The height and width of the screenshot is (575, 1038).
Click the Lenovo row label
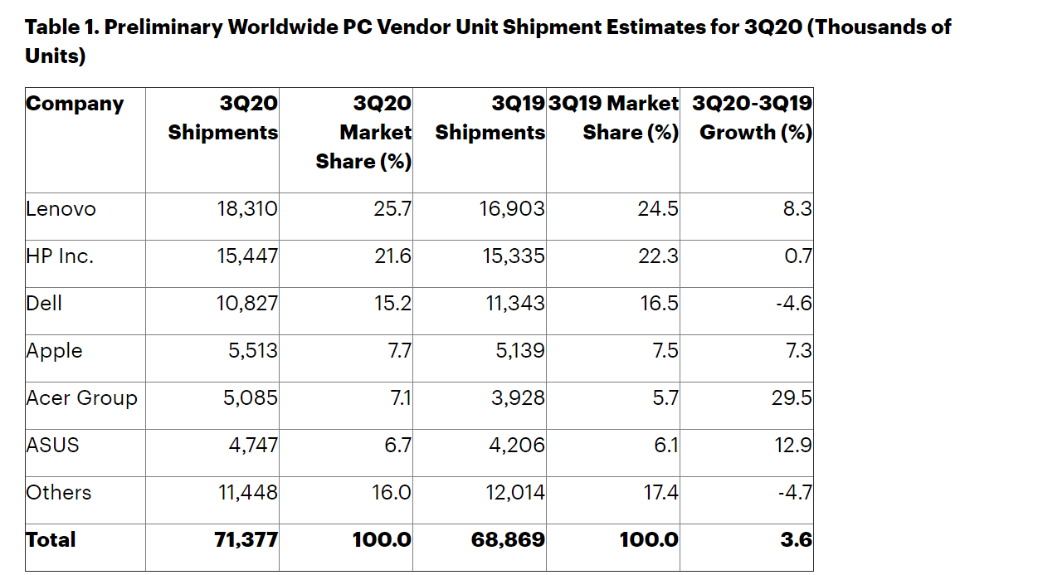click(x=61, y=209)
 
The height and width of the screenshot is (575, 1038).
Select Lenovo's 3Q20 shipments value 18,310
click(x=247, y=209)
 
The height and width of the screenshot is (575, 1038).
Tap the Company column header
click(x=75, y=105)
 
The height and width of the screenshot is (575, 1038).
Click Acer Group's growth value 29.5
click(x=792, y=398)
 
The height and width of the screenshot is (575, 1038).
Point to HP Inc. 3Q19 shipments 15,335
click(x=514, y=256)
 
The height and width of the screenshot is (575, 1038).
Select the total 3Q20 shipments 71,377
click(x=246, y=540)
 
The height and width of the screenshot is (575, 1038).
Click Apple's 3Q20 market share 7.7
click(x=399, y=351)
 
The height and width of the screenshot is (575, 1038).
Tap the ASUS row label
click(x=52, y=446)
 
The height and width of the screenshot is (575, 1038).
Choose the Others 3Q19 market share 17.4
click(x=660, y=493)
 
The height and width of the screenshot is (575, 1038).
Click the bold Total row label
click(x=51, y=540)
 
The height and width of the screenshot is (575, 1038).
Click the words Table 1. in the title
click(x=61, y=27)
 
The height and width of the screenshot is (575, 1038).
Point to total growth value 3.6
click(x=796, y=540)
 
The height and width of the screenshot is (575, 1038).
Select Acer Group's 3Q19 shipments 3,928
click(x=518, y=398)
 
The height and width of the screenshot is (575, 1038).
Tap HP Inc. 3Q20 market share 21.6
click(x=392, y=256)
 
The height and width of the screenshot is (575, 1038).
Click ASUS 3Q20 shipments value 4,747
click(x=253, y=446)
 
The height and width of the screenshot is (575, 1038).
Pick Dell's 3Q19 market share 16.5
click(x=660, y=304)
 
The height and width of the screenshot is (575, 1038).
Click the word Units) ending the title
click(x=56, y=57)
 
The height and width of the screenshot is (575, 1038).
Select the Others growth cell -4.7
click(x=794, y=493)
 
